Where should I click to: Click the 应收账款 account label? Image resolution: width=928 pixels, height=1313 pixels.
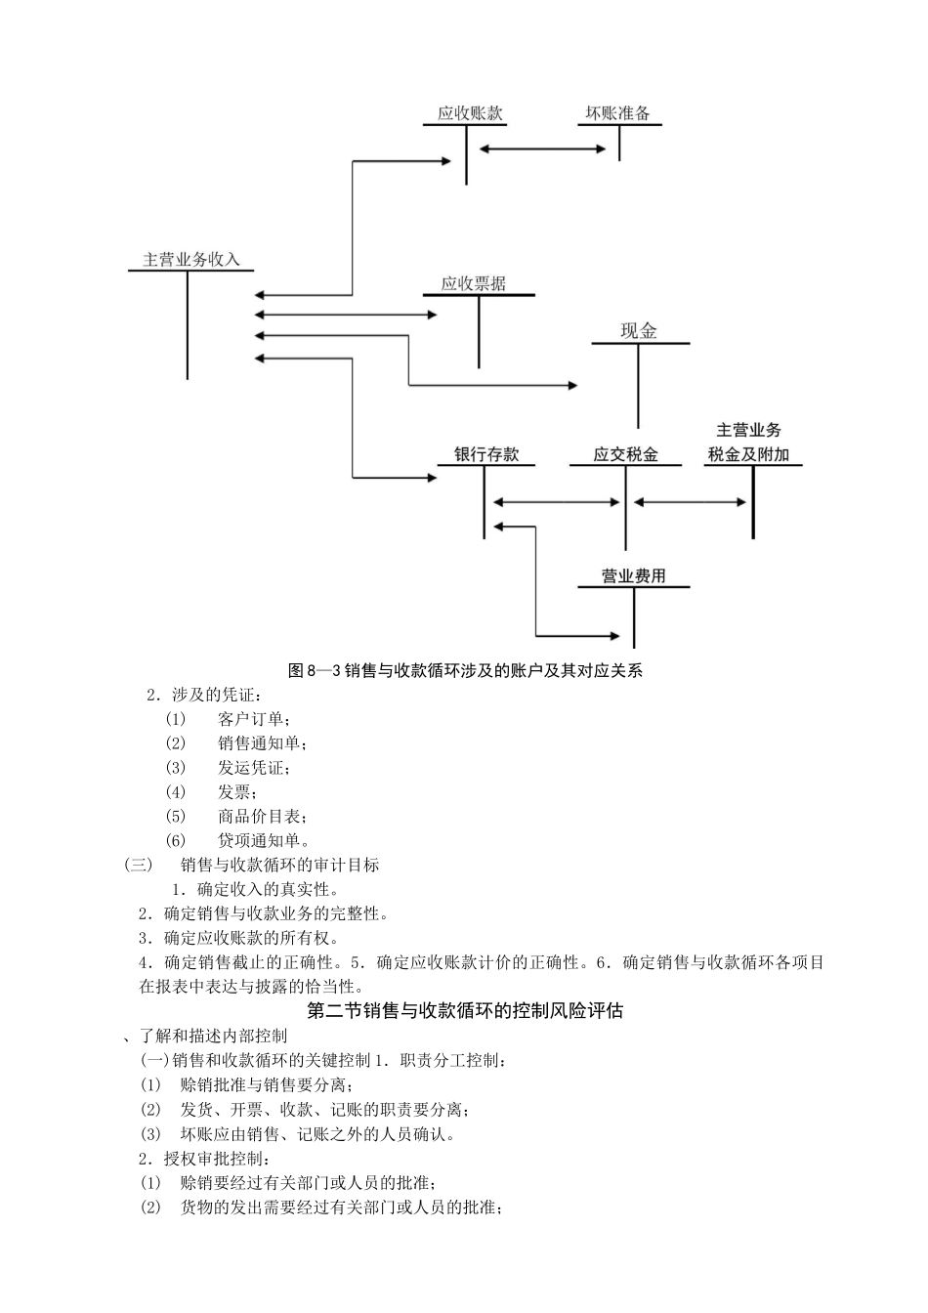point(470,113)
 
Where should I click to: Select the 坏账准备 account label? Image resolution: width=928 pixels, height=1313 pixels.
point(617,113)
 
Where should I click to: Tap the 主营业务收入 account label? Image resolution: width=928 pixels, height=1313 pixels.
point(191,259)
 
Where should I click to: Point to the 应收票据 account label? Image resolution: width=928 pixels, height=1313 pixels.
point(474,284)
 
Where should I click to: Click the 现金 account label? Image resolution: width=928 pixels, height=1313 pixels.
point(639,331)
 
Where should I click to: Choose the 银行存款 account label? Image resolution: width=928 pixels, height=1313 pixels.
point(486,454)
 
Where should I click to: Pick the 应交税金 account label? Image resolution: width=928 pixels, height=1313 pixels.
point(625,454)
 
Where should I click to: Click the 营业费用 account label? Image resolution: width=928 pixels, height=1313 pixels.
point(634,576)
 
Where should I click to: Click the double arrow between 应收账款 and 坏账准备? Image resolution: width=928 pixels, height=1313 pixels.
point(543,148)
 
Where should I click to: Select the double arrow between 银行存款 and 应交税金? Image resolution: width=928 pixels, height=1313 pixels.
point(556,502)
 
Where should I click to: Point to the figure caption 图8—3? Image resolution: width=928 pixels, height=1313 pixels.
point(466,671)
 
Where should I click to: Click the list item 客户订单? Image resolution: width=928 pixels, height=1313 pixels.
point(253,719)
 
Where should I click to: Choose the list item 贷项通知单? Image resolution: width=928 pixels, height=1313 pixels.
point(264,840)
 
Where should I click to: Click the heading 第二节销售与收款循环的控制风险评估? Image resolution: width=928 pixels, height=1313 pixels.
point(465,1011)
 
